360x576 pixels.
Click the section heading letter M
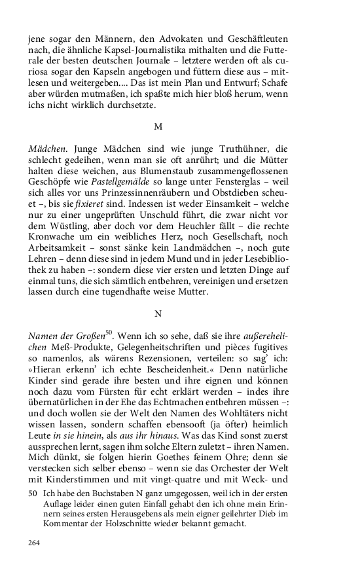coord(158,125)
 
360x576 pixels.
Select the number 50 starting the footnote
coord(33,495)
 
